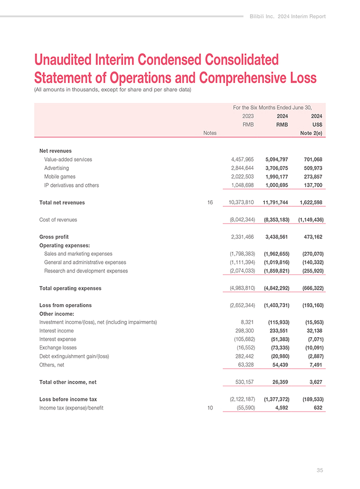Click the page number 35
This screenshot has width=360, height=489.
pos(319,470)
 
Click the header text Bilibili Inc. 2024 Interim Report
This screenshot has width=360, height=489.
pos(287,16)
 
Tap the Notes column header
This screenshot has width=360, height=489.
pos(210,133)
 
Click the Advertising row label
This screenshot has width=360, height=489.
pos(57,168)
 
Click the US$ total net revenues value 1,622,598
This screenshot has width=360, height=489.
pos(308,203)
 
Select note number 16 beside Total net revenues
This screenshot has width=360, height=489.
pos(210,203)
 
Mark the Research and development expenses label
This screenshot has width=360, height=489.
pos(86,271)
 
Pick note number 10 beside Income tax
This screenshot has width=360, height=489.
pos(210,407)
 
